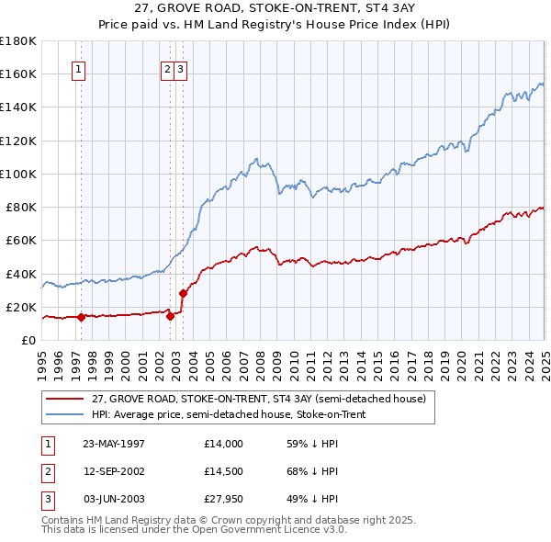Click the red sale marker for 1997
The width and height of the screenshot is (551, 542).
click(81, 317)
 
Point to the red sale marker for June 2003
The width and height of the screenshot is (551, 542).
click(183, 294)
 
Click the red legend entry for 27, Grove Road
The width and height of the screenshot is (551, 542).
click(258, 400)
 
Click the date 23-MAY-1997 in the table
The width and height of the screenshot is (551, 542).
click(114, 443)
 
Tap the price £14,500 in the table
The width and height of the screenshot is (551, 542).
click(224, 470)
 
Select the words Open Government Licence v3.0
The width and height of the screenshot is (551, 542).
click(275, 530)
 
